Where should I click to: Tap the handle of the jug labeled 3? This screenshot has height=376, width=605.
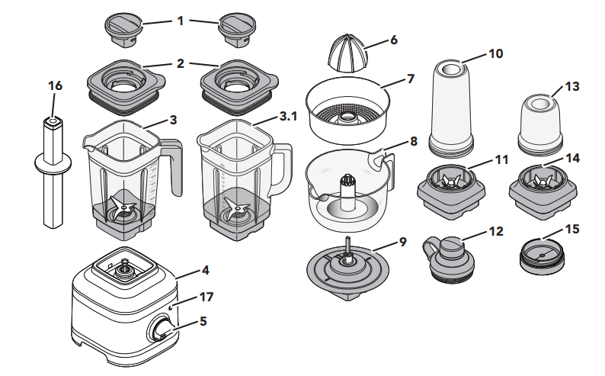pyautogui.click(x=174, y=163)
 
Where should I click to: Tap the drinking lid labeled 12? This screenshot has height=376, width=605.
pyautogui.click(x=450, y=259)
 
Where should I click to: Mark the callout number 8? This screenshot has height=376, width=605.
pyautogui.click(x=414, y=141)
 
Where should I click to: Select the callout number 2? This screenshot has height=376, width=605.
pyautogui.click(x=181, y=64)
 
